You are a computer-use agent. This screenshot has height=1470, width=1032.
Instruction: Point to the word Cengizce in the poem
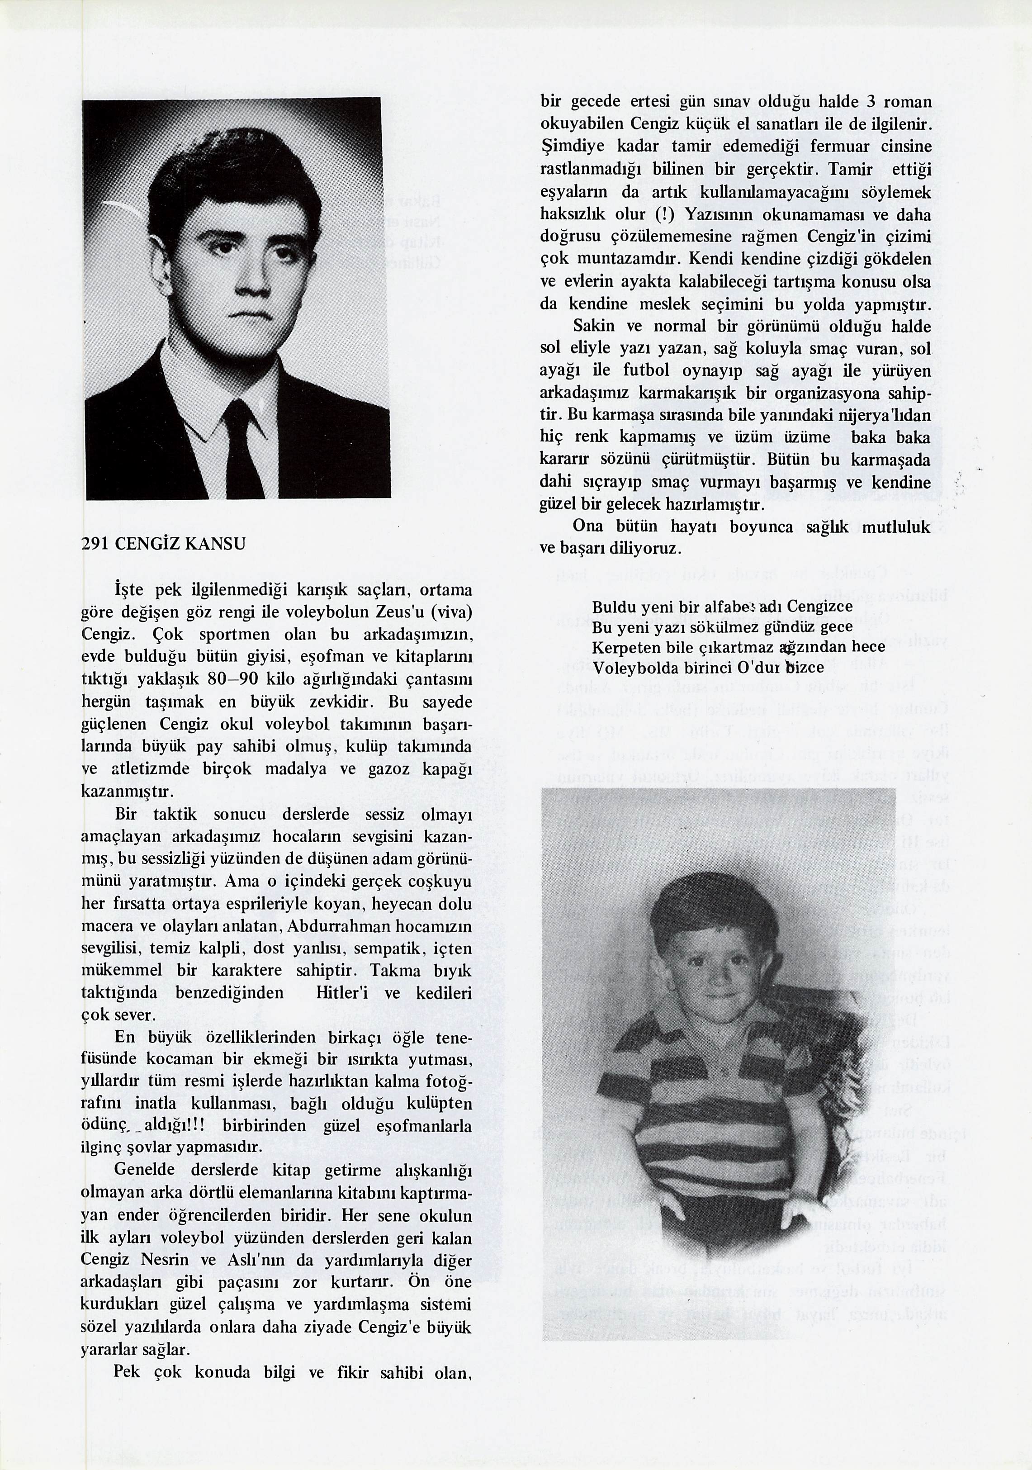click(x=819, y=606)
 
